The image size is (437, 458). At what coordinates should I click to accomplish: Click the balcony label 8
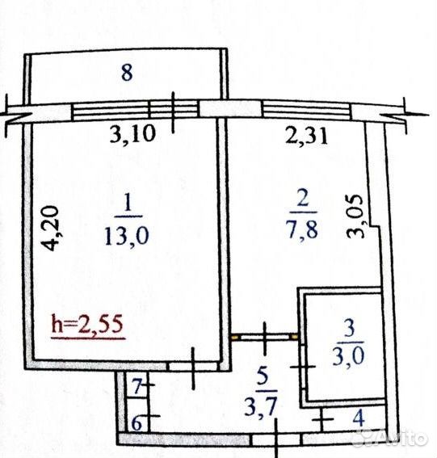127,73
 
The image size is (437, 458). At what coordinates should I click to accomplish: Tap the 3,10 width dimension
132,135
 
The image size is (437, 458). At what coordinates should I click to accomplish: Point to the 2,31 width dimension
306,135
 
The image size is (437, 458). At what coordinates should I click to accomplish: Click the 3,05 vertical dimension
355,216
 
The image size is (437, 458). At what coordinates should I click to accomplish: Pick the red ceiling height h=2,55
87,324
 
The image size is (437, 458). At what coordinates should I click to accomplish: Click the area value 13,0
127,236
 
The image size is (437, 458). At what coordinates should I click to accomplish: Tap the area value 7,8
303,229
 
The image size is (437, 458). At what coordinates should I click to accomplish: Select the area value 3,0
349,356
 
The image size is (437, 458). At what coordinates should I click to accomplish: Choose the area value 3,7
261,405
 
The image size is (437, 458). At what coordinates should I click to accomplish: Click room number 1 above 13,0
128,203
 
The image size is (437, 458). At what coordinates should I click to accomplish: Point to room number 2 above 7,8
303,198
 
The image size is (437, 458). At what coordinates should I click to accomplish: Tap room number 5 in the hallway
263,376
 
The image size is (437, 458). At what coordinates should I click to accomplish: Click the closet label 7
137,386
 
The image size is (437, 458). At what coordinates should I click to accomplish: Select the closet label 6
137,423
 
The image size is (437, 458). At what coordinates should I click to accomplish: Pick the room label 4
359,418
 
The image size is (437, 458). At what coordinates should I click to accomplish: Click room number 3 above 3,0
350,328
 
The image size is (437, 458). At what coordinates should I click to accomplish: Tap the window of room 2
307,110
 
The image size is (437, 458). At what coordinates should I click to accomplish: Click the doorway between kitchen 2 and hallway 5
265,337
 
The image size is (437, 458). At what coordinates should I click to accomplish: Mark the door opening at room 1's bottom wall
193,366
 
